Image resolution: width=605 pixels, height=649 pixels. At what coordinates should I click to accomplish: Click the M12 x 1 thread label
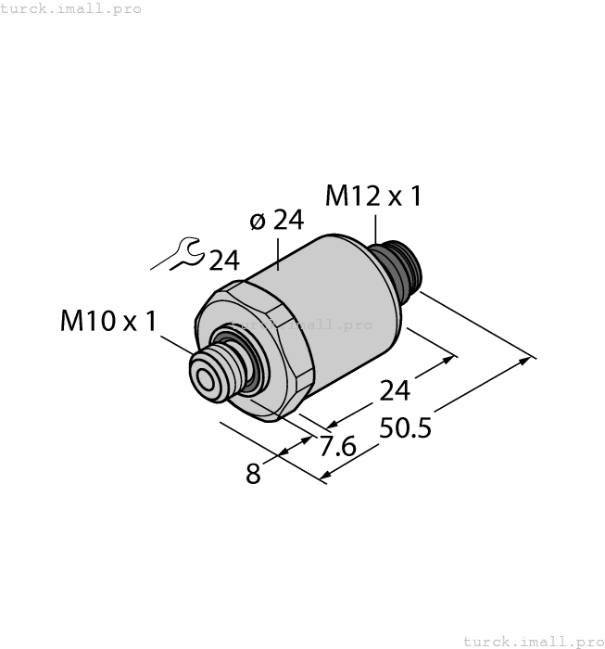tap(373, 197)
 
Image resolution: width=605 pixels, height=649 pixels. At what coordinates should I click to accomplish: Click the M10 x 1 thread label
tap(108, 322)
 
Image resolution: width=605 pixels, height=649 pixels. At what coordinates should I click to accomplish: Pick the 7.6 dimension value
tap(337, 447)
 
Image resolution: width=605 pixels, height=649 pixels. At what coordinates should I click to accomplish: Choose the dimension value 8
tap(253, 475)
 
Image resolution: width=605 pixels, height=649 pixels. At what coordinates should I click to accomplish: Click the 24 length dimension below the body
tap(395, 391)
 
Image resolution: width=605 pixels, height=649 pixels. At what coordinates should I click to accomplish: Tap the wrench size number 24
tap(224, 261)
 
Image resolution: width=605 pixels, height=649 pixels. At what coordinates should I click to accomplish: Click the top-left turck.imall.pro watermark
tap(71, 8)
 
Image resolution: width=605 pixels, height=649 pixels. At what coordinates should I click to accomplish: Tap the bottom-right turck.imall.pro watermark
tap(533, 641)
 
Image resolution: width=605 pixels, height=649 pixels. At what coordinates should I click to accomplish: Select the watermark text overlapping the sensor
tap(301, 324)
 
